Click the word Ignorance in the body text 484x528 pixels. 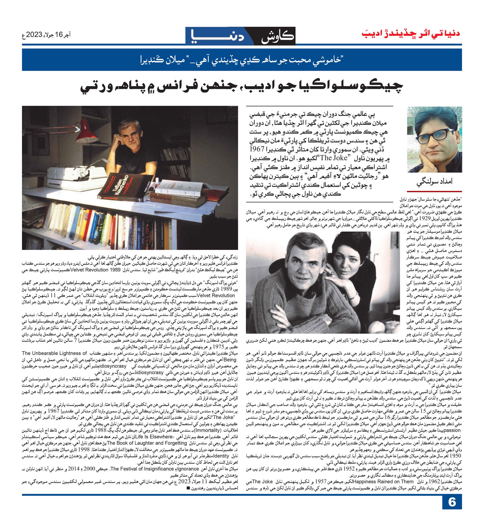tap(188, 469)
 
